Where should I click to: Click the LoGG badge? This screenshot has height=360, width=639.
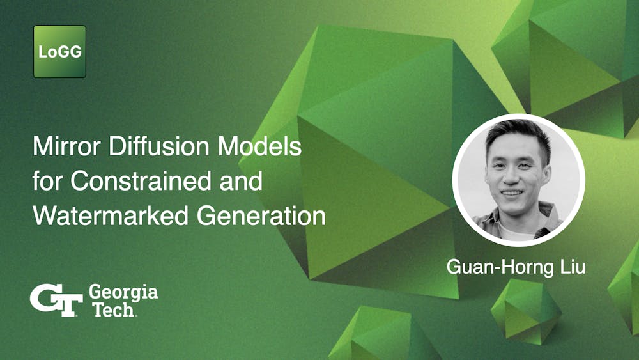coord(59,52)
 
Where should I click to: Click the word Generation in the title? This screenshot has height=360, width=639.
coord(261,216)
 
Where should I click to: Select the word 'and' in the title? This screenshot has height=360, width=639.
coord(242,182)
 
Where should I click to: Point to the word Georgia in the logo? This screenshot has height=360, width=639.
coord(123,293)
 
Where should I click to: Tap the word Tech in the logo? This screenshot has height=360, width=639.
coord(112,311)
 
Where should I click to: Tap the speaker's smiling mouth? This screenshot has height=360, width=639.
coord(513,191)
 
